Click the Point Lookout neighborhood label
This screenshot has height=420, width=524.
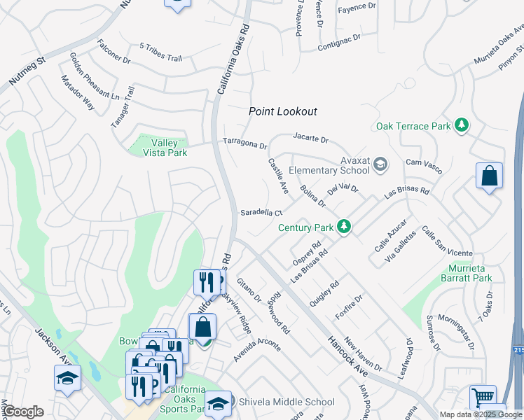coord(283,111)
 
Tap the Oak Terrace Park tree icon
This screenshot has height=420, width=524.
coord(461,125)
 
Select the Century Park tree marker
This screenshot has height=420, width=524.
coord(343,226)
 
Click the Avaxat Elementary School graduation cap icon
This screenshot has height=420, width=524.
coord(380,164)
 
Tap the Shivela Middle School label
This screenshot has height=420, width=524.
coord(287,402)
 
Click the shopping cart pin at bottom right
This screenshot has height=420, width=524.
coord(482,397)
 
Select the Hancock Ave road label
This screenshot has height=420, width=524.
coord(346,354)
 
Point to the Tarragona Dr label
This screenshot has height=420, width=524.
coord(245,143)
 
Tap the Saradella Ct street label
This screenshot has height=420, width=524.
coord(261,213)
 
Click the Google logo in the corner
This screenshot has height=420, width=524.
coord(23,412)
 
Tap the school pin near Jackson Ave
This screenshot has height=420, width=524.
coord(68,377)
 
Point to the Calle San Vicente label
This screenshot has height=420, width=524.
coord(447,242)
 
